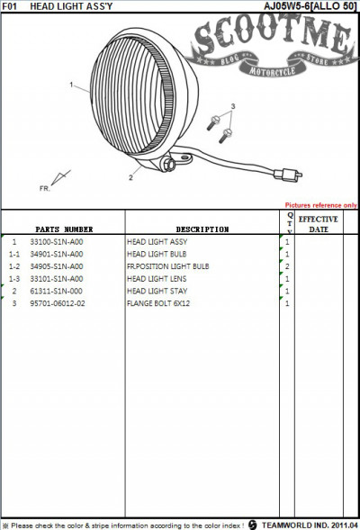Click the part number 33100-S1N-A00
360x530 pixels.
57,242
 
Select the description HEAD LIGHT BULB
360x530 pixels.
157,254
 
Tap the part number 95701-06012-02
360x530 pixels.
58,303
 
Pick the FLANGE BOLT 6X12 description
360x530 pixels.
158,303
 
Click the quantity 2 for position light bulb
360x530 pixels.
287,266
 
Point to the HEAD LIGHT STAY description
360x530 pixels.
157,291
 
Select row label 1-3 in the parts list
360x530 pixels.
14,279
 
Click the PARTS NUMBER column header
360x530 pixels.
64,229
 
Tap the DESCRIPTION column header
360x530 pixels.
202,229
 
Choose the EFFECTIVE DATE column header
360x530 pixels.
318,224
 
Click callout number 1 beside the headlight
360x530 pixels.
71,85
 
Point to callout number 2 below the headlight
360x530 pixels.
130,177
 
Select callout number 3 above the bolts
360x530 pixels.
233,106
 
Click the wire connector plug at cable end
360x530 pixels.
288,175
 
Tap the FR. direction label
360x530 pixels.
45,188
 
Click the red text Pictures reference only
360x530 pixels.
320,205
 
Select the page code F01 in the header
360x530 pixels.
10,6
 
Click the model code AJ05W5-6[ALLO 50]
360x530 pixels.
310,6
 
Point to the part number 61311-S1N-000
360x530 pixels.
56,291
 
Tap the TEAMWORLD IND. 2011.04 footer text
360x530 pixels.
310,525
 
